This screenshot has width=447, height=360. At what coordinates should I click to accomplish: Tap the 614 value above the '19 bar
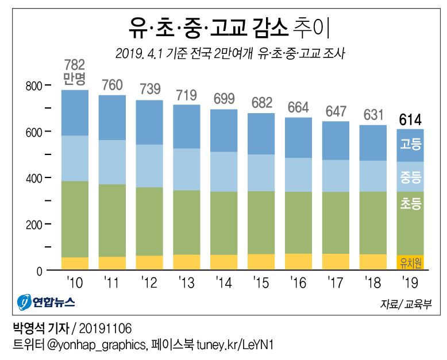click(x=410, y=120)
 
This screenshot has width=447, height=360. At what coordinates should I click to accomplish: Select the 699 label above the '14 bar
click(x=223, y=98)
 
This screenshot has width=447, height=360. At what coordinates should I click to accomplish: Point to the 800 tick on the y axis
click(x=35, y=86)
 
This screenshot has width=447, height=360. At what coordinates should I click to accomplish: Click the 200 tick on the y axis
click(x=35, y=224)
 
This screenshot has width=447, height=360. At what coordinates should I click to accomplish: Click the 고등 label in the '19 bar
click(x=410, y=144)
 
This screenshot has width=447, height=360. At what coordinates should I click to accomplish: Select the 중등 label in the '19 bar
click(x=410, y=177)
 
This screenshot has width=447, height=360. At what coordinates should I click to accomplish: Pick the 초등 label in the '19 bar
click(x=410, y=203)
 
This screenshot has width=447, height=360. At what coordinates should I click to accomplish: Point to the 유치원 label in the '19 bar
click(x=410, y=262)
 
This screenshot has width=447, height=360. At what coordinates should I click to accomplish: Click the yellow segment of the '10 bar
click(x=74, y=264)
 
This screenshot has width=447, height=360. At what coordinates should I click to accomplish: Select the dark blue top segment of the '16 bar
click(x=298, y=138)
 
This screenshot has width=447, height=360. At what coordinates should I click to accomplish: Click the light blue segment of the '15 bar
click(x=261, y=172)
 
